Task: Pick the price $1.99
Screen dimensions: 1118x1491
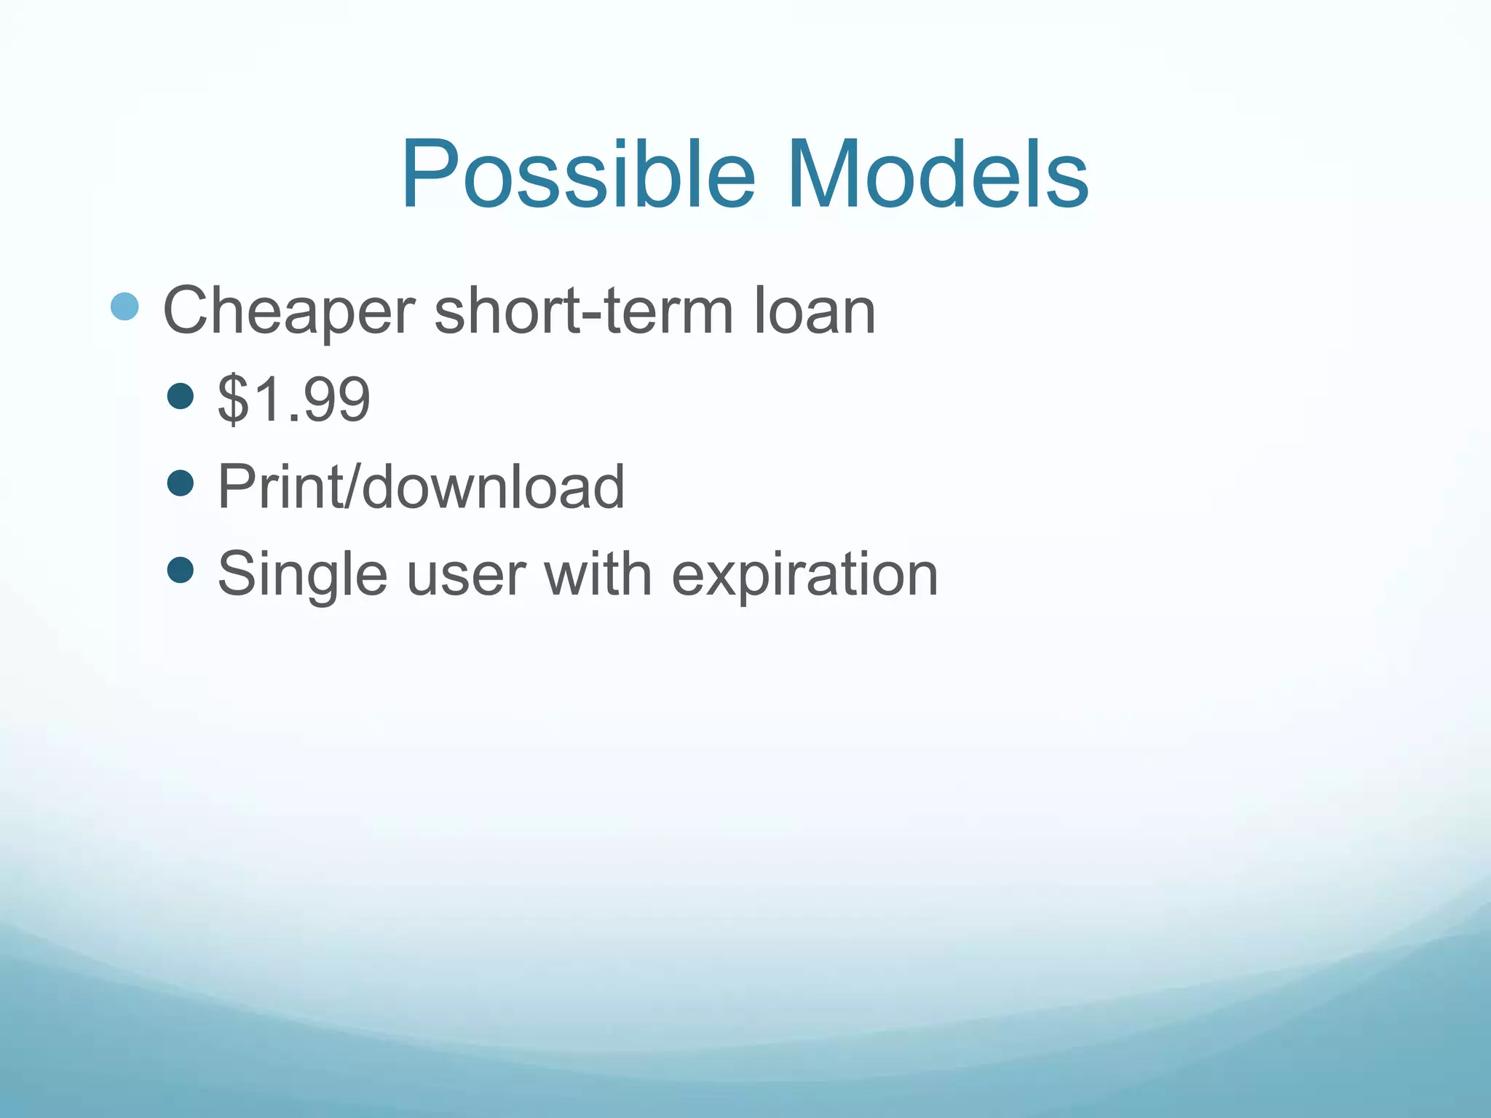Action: point(294,399)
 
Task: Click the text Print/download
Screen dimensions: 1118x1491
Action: point(421,486)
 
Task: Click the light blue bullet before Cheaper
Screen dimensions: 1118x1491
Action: point(124,307)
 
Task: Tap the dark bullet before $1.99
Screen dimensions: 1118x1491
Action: point(181,396)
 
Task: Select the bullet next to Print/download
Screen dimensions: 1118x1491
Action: point(181,483)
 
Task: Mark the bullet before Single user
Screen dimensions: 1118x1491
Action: point(181,570)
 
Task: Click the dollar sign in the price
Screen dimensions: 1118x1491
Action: point(233,399)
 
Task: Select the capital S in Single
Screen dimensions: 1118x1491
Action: point(237,574)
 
